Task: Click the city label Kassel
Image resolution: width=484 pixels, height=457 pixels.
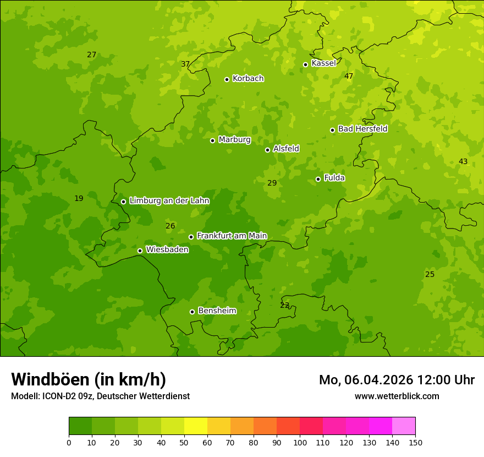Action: (323, 63)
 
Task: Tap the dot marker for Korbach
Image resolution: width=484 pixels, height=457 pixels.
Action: (227, 79)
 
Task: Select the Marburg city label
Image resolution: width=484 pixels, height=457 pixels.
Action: (234, 140)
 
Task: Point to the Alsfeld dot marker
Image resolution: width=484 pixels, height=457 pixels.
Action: (267, 150)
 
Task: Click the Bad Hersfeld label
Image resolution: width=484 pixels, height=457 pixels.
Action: (362, 129)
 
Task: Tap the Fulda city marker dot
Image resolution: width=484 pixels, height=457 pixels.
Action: (318, 179)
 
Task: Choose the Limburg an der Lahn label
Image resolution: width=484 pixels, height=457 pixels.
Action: (169, 201)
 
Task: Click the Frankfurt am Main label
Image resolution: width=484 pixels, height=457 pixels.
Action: (232, 236)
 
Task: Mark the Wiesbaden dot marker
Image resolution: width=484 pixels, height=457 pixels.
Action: (140, 251)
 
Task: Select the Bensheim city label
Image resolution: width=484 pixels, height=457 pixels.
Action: (217, 311)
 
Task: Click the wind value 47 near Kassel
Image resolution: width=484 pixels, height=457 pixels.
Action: (349, 76)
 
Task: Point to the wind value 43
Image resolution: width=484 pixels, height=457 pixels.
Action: (463, 161)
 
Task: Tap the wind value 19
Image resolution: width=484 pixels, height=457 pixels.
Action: (79, 198)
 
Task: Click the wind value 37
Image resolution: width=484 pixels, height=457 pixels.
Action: (185, 64)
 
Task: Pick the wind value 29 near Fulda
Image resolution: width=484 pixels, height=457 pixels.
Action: (272, 183)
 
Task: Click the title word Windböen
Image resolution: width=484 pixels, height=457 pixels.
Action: (50, 379)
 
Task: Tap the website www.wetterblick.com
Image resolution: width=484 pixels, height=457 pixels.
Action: (397, 396)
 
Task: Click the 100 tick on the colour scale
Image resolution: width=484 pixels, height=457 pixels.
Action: (300, 442)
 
